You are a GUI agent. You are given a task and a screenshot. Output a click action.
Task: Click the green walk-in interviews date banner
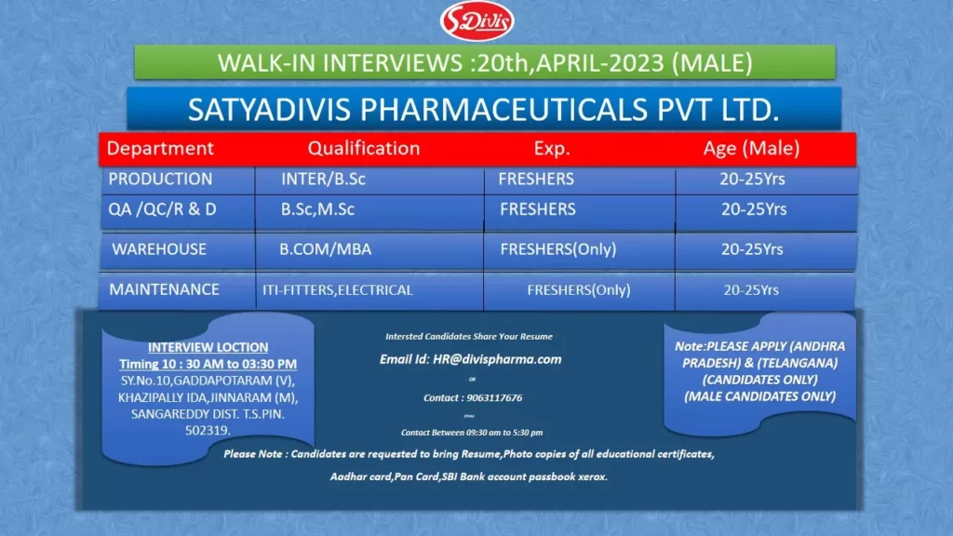coord(484,62)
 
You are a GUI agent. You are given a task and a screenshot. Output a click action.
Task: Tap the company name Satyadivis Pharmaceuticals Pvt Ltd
coord(484,110)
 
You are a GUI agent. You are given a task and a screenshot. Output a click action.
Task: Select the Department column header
coord(160,148)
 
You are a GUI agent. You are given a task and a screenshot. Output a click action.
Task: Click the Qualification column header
coord(364,148)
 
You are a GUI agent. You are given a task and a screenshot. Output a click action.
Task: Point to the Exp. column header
coord(552,148)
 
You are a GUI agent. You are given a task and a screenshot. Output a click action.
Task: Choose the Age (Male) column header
coord(751,148)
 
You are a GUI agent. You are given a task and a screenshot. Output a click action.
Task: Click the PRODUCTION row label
coord(160,179)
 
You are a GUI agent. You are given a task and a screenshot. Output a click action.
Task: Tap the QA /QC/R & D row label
coord(162,209)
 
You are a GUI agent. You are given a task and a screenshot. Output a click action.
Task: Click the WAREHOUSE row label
coord(159,249)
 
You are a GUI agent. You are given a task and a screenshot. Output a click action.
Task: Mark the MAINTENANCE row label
coord(165,289)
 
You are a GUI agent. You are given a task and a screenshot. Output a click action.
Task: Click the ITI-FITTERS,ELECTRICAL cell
coord(337,290)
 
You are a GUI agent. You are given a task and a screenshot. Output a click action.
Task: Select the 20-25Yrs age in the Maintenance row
coord(751,290)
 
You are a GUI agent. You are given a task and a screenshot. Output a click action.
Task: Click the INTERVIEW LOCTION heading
coord(208,347)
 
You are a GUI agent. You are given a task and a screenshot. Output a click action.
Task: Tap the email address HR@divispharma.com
coord(470,359)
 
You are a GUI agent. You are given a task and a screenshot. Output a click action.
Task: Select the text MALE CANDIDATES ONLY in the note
coord(759,396)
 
